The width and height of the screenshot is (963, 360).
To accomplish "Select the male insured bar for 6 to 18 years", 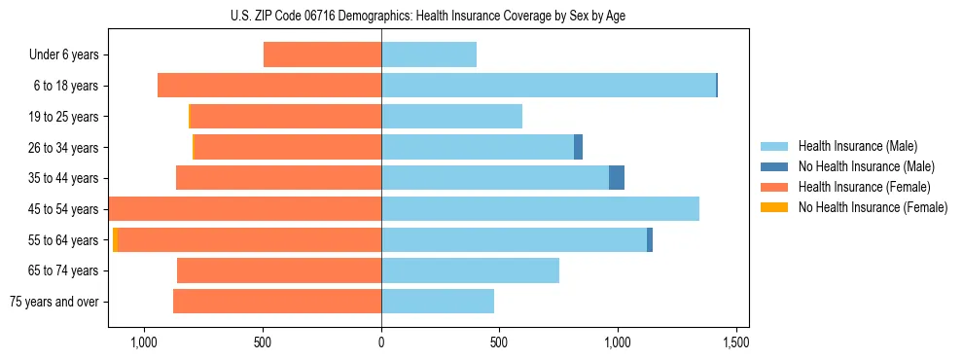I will pyautogui.click(x=549, y=86).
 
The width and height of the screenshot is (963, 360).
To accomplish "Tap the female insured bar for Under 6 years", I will pyautogui.click(x=322, y=54).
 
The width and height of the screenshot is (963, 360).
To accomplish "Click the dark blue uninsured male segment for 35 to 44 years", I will pyautogui.click(x=617, y=178).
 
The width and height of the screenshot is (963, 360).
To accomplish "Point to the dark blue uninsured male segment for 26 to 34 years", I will pyautogui.click(x=578, y=147).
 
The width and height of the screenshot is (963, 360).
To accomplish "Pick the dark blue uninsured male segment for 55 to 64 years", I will pyautogui.click(x=650, y=239).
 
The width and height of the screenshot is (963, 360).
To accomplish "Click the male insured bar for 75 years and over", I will pyautogui.click(x=438, y=302).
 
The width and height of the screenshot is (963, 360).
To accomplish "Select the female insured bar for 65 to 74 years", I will pyautogui.click(x=279, y=270).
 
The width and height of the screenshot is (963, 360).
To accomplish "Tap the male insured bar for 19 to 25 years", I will pyautogui.click(x=451, y=117).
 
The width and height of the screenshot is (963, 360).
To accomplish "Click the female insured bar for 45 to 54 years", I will pyautogui.click(x=245, y=209).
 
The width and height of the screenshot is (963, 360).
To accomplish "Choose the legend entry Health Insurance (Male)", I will pyautogui.click(x=856, y=146).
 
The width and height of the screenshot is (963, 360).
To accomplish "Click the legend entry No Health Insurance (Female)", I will pyautogui.click(x=872, y=207).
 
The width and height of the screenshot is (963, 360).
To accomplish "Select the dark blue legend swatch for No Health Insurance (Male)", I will pyautogui.click(x=774, y=166).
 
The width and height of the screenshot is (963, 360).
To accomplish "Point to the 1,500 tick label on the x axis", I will pyautogui.click(x=736, y=342).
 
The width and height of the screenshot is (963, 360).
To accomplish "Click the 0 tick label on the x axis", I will pyautogui.click(x=381, y=342).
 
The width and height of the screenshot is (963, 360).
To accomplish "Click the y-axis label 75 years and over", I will pyautogui.click(x=54, y=302).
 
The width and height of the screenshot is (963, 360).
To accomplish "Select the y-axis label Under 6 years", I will pyautogui.click(x=63, y=54).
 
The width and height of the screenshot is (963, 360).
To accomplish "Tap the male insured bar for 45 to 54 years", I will pyautogui.click(x=540, y=209).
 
